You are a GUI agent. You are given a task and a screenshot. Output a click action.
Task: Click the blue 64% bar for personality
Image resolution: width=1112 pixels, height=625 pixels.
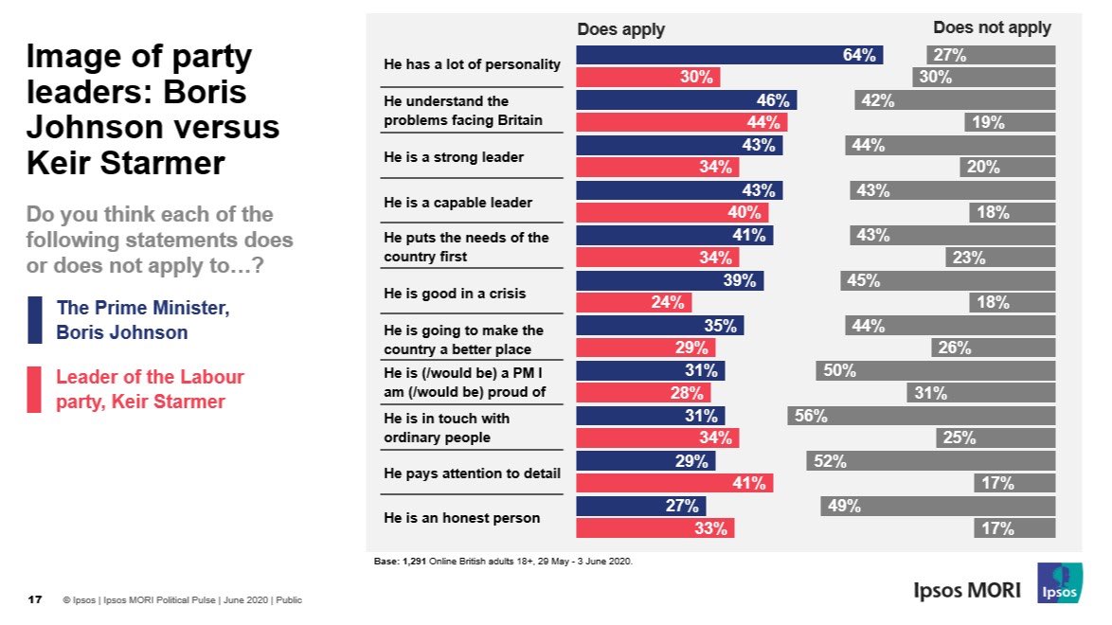click(x=729, y=55)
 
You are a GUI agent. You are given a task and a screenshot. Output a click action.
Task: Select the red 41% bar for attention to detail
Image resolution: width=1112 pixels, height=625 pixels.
click(x=674, y=483)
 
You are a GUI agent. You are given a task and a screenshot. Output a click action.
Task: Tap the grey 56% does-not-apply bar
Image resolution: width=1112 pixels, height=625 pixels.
click(x=921, y=416)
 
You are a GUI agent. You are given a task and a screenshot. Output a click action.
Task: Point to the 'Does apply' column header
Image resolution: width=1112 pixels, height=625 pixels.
click(x=621, y=29)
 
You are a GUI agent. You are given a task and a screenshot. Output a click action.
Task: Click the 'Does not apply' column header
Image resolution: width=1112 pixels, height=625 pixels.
click(x=992, y=27)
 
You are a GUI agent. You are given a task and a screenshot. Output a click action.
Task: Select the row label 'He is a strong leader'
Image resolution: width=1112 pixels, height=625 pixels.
click(x=453, y=157)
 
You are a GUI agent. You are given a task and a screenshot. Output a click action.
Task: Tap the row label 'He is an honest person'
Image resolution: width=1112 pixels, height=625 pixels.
click(x=461, y=518)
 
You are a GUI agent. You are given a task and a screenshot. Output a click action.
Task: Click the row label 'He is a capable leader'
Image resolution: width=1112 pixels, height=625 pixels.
click(x=457, y=203)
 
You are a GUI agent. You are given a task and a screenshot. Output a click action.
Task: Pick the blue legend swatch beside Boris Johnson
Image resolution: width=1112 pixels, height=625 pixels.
click(x=35, y=320)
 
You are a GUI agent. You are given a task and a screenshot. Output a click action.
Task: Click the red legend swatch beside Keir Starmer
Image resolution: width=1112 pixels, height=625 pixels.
click(x=35, y=390)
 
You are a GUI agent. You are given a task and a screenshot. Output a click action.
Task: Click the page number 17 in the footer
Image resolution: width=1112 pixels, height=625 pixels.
click(x=34, y=599)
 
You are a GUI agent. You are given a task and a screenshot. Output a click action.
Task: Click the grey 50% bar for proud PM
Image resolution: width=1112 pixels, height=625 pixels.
click(x=935, y=371)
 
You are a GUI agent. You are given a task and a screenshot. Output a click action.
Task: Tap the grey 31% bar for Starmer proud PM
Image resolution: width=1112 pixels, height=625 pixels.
click(x=980, y=393)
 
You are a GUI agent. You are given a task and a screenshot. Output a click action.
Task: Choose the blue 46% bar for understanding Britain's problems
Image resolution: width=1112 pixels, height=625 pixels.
click(x=687, y=100)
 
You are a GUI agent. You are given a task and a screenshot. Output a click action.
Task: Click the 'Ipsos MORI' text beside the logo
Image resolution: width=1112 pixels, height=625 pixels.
click(x=967, y=591)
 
